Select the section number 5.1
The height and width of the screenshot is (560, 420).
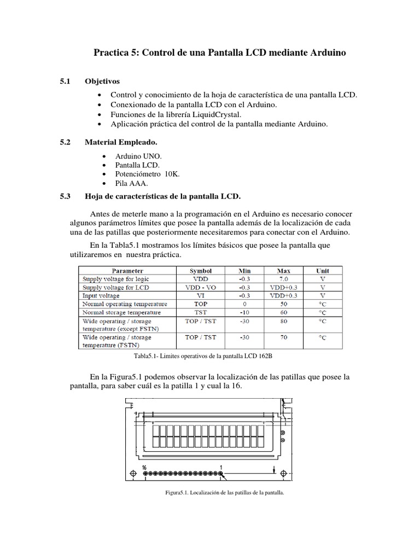coord(66,81)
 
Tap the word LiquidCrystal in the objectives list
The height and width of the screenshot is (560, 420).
coord(210,114)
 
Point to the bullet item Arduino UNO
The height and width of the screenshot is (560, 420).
coord(134,155)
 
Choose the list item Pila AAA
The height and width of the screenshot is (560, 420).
coord(128,183)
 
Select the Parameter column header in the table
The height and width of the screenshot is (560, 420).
coord(127,270)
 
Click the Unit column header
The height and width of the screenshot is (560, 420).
coord(323,270)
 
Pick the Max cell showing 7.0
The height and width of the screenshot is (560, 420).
coord(283,279)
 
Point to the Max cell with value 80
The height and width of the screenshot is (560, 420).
coord(283,322)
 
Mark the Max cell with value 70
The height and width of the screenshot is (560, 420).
coord(283,337)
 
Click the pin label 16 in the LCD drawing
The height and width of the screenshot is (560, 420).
coord(144,468)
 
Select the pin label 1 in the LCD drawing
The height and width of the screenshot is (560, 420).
coord(221,468)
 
